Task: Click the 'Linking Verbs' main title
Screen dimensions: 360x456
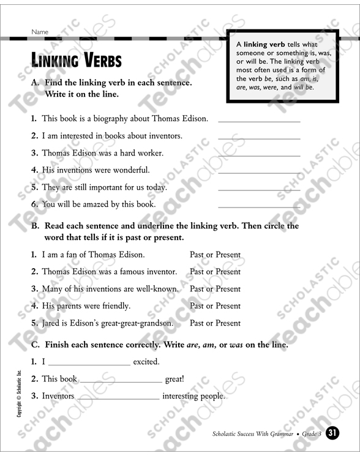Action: [77, 61]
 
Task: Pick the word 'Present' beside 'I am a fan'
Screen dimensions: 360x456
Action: [228, 255]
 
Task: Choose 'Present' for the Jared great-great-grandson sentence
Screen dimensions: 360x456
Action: [228, 323]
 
